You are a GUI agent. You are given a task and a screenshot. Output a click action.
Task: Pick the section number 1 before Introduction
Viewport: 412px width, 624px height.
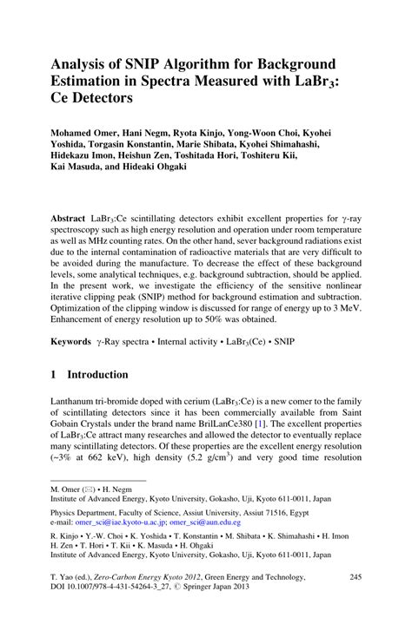point(54,375)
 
